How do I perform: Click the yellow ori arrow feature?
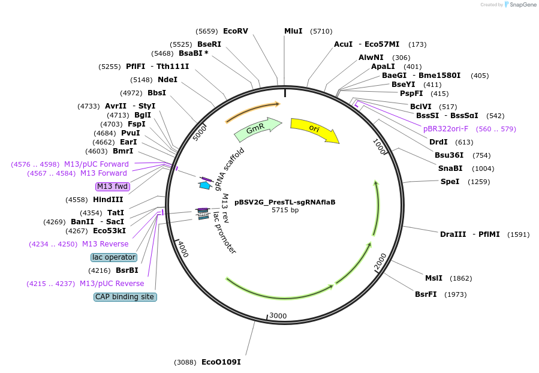click(x=314, y=129)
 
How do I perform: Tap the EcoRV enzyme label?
click(x=235, y=31)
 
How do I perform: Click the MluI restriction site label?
click(x=293, y=31)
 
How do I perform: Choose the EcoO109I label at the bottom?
click(x=221, y=362)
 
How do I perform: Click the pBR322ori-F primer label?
click(x=445, y=128)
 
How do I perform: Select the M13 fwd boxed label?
click(x=113, y=186)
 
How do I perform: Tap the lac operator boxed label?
click(x=114, y=257)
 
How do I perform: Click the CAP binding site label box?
click(x=125, y=296)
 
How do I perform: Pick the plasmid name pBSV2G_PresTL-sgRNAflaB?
click(x=285, y=202)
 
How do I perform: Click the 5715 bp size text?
click(x=285, y=210)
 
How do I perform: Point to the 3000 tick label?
click(x=278, y=315)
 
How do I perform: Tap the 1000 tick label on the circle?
click(x=379, y=148)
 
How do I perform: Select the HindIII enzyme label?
click(x=108, y=199)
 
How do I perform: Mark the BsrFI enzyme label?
click(x=427, y=294)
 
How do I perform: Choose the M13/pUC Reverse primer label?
click(x=112, y=283)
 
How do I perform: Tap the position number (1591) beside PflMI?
click(x=518, y=234)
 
